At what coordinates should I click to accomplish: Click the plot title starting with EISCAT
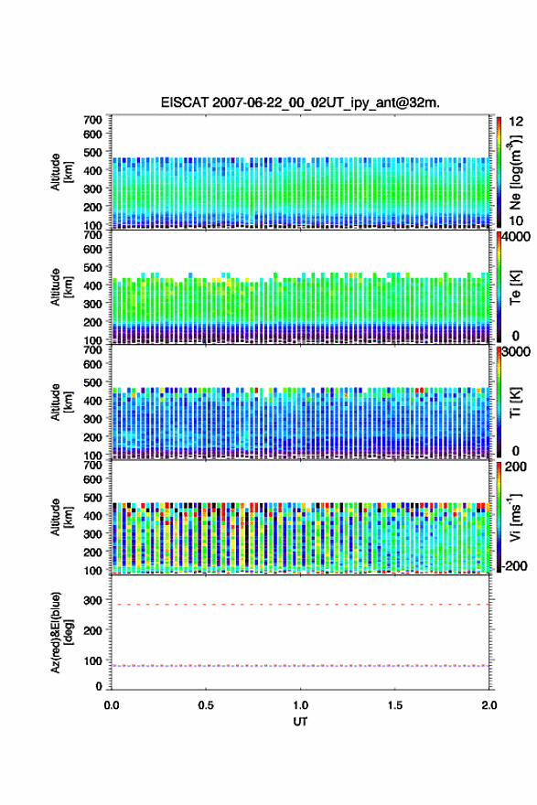300,102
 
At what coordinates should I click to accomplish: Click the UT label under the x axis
300,722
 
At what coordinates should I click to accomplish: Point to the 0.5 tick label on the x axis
206,705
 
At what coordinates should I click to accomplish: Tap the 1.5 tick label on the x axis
395,705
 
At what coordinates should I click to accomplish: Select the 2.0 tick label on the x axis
489,705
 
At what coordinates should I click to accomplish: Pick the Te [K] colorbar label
515,287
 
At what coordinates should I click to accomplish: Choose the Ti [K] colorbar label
515,402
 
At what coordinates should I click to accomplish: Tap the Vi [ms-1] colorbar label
515,518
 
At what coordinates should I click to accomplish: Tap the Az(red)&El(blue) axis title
60,632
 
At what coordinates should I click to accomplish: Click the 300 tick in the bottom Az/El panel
92,600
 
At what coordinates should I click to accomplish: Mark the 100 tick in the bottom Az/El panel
92,660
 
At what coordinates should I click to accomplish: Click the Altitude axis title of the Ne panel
60,172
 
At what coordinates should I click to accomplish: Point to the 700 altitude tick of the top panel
92,120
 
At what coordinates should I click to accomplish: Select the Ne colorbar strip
499,172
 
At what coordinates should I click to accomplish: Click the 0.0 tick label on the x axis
112,705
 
